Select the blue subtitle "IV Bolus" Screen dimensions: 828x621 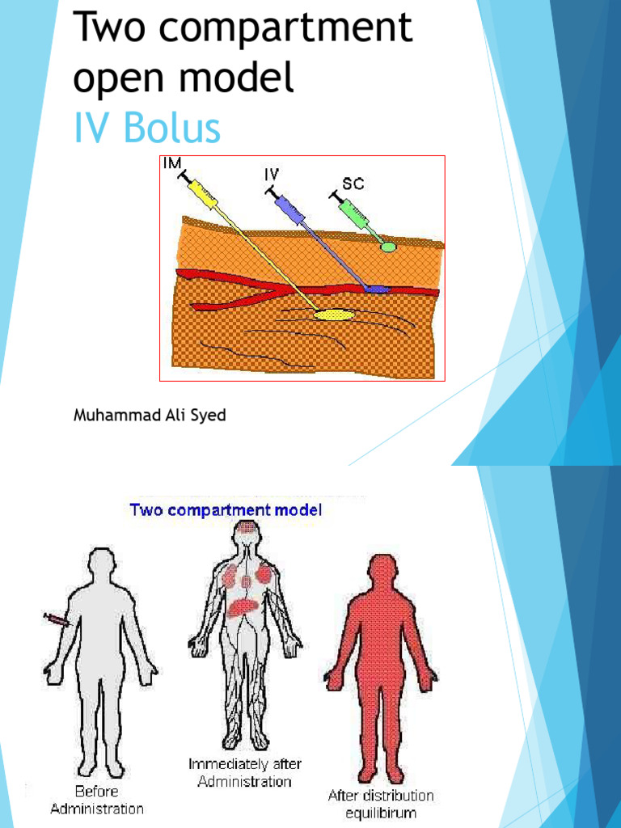pos(146,129)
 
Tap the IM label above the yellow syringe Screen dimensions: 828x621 pos(171,163)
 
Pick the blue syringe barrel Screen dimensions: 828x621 pos(289,209)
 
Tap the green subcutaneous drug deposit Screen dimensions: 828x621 pos(389,246)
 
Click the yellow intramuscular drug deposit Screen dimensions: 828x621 pos(333,315)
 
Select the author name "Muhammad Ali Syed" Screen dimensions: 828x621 pos(150,416)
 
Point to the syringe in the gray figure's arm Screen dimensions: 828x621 pos(57,620)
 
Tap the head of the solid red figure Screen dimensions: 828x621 pos(381,570)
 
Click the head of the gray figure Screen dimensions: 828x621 pos(101,564)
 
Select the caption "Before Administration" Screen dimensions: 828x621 pos(97,800)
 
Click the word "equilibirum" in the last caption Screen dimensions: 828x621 pos(381,813)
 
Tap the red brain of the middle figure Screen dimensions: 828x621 pos(246,532)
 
